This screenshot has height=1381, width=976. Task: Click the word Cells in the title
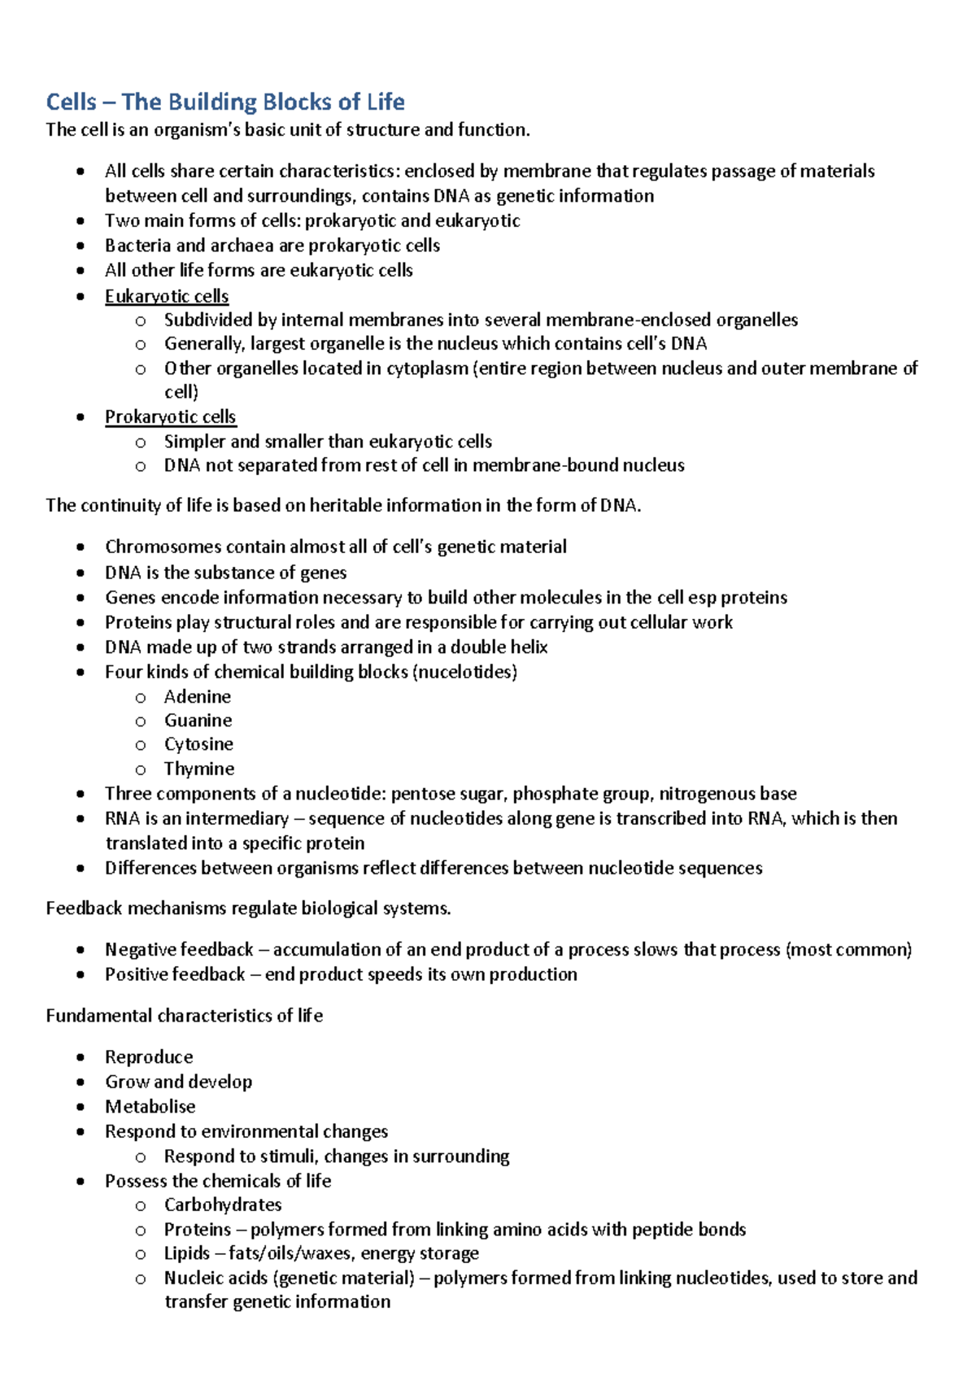(71, 102)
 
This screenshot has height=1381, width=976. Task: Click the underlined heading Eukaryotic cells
(167, 296)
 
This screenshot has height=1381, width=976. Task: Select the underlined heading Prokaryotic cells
(170, 417)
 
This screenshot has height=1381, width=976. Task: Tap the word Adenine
(198, 697)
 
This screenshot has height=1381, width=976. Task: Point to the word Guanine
(198, 721)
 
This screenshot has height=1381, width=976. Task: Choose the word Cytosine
(198, 744)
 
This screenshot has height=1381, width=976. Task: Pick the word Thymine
(199, 769)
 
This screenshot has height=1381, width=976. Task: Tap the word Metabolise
(150, 1107)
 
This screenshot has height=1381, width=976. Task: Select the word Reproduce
(149, 1057)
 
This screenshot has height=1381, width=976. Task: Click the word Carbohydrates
(223, 1205)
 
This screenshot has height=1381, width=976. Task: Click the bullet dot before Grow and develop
(80, 1083)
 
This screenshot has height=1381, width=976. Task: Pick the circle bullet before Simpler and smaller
(141, 442)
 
